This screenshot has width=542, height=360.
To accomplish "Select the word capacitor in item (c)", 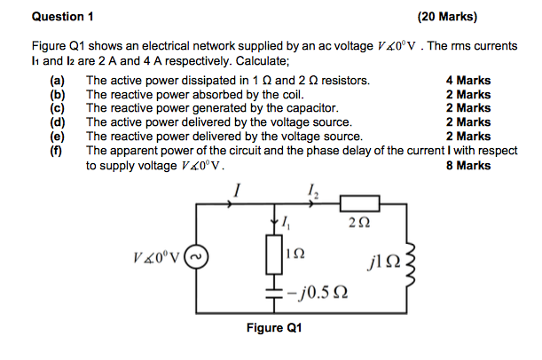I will [x=307, y=108].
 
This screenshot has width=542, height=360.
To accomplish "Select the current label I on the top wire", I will [x=236, y=188].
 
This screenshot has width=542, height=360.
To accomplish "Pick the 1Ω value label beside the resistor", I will [x=300, y=253].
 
